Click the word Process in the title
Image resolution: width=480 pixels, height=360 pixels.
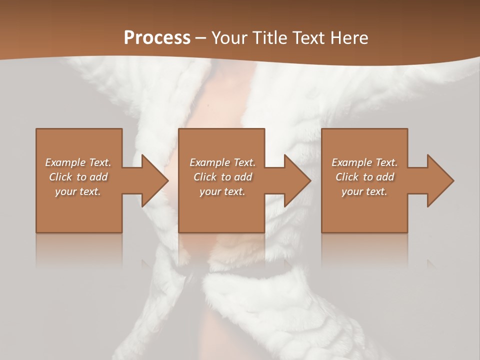[157, 38]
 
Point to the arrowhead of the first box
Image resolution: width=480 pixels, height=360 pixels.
[153, 180]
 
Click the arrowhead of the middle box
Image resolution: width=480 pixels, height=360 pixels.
[296, 180]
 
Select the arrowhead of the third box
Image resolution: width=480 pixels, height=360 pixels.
[439, 180]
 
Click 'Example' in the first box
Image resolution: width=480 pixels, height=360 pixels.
[65, 162]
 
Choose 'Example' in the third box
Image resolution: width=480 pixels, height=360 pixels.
[352, 162]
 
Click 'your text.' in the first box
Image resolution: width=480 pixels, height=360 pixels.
[78, 191]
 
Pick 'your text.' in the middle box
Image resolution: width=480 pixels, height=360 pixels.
[222, 191]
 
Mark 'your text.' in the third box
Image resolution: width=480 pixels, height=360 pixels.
[364, 191]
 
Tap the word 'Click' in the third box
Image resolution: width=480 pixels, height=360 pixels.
[347, 177]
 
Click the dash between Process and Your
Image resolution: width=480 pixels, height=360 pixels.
[201, 38]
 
